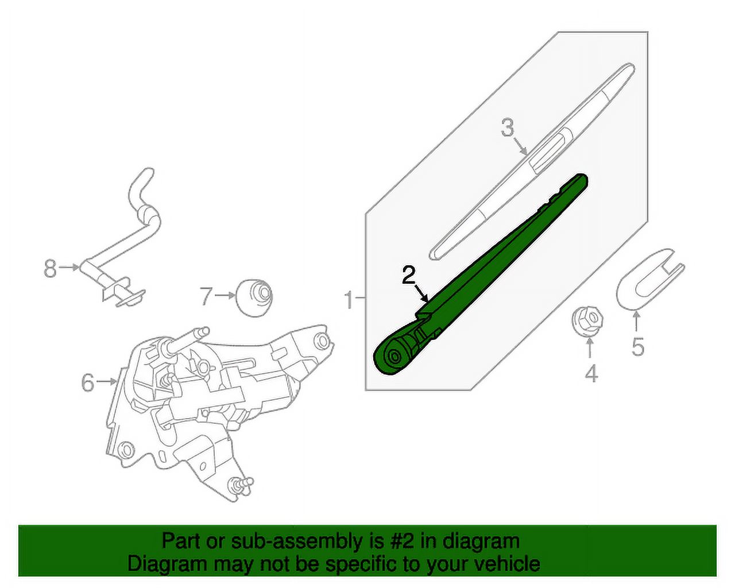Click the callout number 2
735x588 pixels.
(x=408, y=276)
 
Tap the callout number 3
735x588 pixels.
(x=506, y=127)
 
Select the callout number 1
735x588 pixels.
(x=349, y=299)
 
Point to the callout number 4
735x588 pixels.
(x=591, y=374)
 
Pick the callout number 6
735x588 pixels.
(x=87, y=382)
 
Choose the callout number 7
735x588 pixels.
(x=206, y=296)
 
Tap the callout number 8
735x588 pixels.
(x=51, y=268)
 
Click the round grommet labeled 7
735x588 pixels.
(x=254, y=297)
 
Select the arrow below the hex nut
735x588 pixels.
(x=590, y=349)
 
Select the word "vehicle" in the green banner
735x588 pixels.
(x=502, y=563)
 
